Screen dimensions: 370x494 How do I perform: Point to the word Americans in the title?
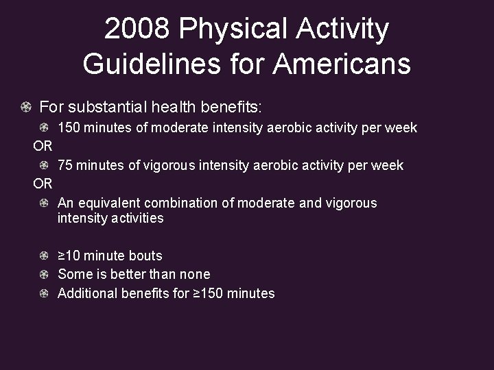pos(342,64)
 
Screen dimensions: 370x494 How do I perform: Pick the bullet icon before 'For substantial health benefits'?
pos(25,108)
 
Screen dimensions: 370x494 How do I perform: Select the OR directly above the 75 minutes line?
pos(43,146)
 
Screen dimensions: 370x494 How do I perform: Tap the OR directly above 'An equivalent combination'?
pos(43,184)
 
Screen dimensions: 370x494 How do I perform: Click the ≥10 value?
pos(69,256)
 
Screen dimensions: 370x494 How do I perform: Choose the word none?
pos(194,274)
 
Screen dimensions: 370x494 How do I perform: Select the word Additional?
pos(88,293)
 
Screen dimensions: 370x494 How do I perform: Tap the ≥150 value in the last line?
pos(207,293)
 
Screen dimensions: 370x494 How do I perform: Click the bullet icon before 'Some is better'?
pos(44,274)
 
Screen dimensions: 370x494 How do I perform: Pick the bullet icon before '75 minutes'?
pos(44,165)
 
